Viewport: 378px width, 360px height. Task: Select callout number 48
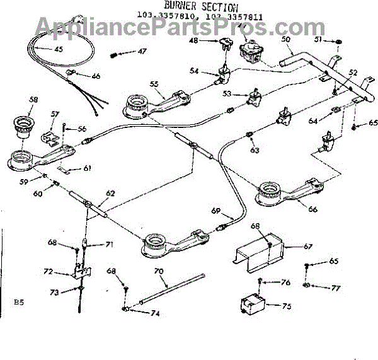(193, 40)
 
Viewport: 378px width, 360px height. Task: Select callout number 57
(55, 114)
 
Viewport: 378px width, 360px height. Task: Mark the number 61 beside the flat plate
(88, 168)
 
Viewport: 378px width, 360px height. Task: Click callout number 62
(110, 193)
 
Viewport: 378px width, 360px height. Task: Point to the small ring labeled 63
(250, 134)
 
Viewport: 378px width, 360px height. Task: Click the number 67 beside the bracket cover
(308, 246)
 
